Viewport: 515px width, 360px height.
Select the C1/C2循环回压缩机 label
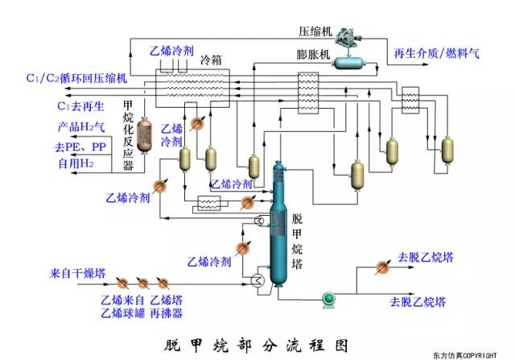click(77, 78)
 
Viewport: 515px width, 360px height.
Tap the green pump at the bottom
click(328, 300)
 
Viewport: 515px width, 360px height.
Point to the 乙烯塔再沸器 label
click(166, 306)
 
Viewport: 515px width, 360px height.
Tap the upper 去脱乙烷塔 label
click(426, 259)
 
